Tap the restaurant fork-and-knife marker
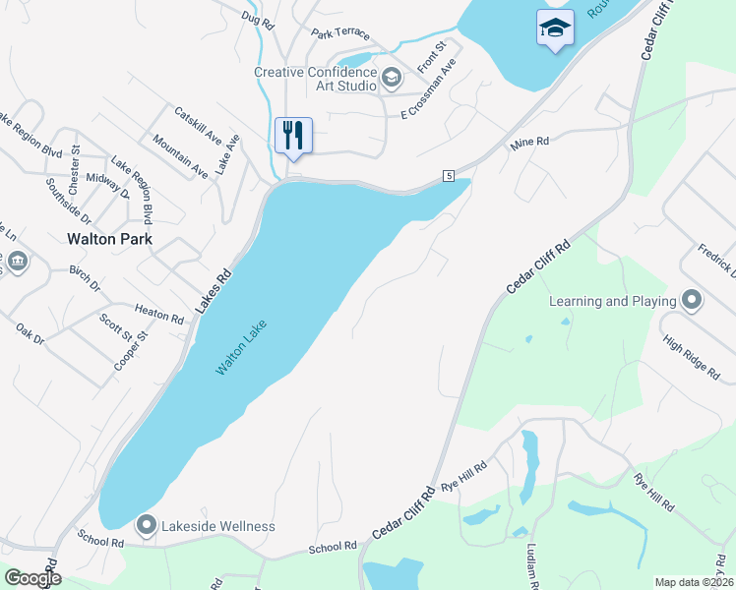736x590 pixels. pos(293,134)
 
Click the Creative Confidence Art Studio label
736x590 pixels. pos(316,79)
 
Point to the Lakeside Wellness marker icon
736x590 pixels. pos(147,526)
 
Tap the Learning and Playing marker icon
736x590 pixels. pos(692,300)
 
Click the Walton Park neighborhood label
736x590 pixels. pos(107,238)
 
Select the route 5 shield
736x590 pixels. pos(448,175)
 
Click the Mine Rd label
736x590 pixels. pos(528,144)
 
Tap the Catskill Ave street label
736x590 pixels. pos(198,125)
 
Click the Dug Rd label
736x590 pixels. pos(256,17)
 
